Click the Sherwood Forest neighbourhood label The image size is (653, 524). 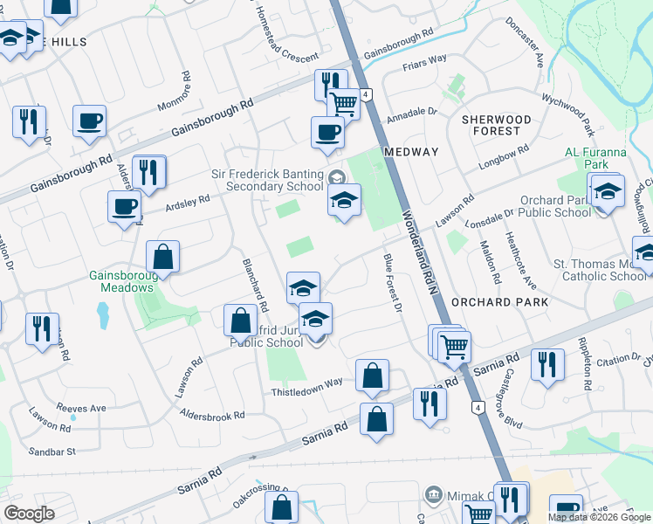(496, 125)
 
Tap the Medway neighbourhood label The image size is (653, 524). (411, 152)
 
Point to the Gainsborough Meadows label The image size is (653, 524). (121, 281)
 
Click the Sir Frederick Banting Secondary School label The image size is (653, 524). (267, 180)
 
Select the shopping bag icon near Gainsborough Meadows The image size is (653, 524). (163, 257)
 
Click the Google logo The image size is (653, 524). (30, 514)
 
